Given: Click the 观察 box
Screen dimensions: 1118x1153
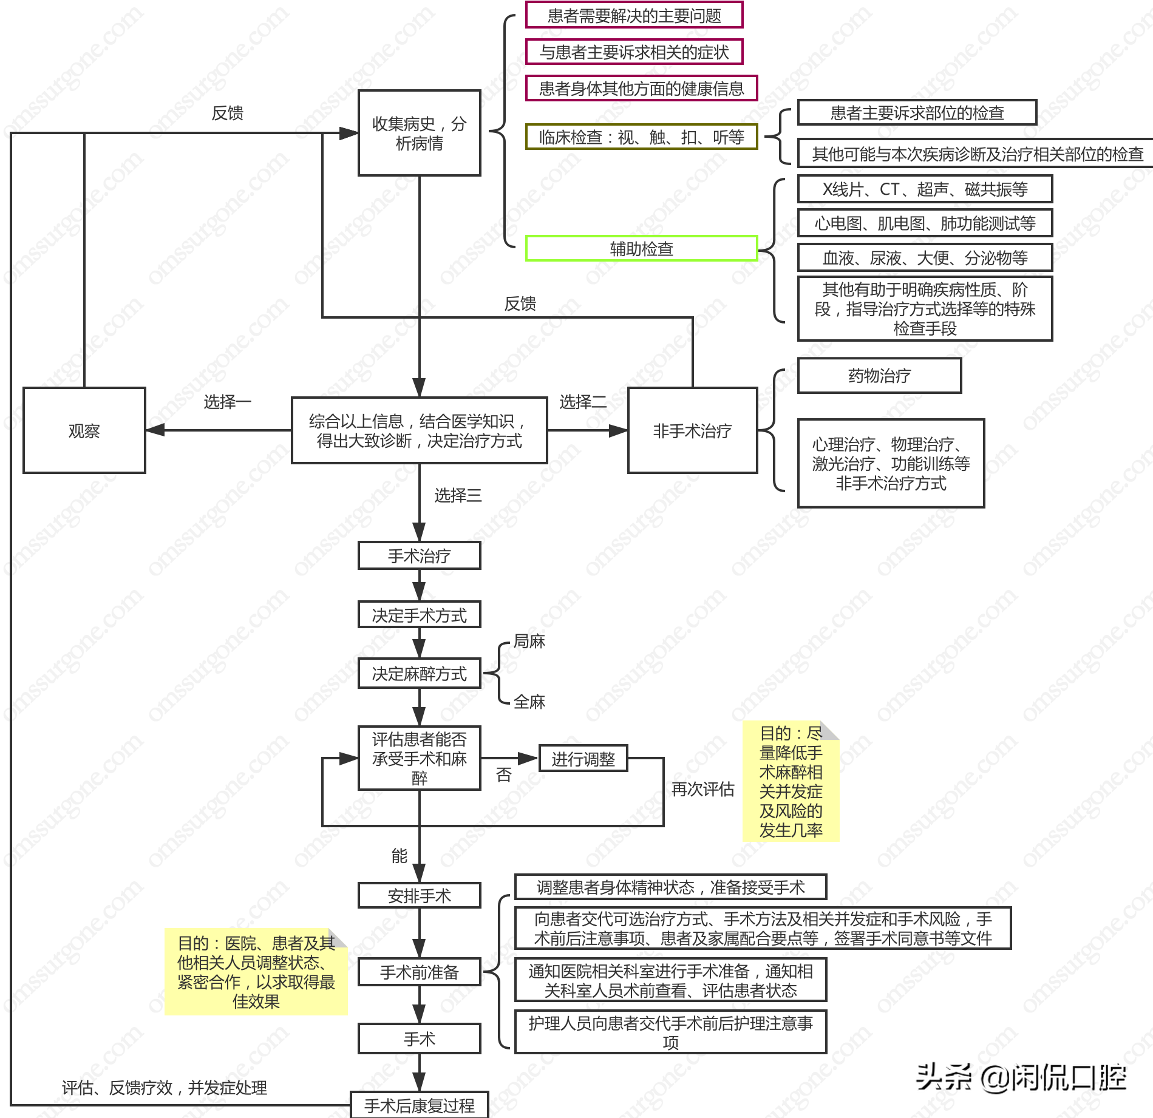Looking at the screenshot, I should (x=84, y=430).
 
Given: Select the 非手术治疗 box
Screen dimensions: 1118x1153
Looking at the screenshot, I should (x=692, y=430).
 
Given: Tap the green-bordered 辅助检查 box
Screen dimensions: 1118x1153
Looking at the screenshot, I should (x=641, y=248).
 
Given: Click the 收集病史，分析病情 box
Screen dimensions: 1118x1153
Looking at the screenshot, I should (x=419, y=133).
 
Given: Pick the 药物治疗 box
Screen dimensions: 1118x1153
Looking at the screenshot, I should (x=879, y=376).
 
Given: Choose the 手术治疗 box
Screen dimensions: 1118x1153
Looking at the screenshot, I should (x=419, y=555).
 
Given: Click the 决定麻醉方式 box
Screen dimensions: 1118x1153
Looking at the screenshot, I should (x=419, y=673).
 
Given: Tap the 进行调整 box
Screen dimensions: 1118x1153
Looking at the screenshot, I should (x=583, y=759).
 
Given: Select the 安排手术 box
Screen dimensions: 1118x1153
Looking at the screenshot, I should (x=419, y=895).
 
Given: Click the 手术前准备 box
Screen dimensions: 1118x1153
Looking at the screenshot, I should (x=419, y=972).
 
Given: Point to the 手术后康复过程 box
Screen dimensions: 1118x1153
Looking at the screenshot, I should (x=419, y=1105).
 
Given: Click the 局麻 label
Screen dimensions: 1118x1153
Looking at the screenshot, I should (x=529, y=641).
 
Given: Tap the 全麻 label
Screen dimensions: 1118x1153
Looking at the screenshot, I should (x=529, y=702).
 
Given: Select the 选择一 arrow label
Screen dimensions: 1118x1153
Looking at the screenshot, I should (x=227, y=401).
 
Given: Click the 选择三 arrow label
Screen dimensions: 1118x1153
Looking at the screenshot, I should (x=458, y=495).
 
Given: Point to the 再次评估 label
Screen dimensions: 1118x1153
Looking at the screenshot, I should (x=702, y=788).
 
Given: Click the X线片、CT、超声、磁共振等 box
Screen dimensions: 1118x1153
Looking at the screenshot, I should (x=924, y=189).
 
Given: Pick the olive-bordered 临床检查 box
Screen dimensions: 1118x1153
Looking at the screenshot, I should (x=641, y=137).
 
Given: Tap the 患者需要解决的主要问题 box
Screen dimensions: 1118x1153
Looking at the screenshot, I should (x=634, y=15).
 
